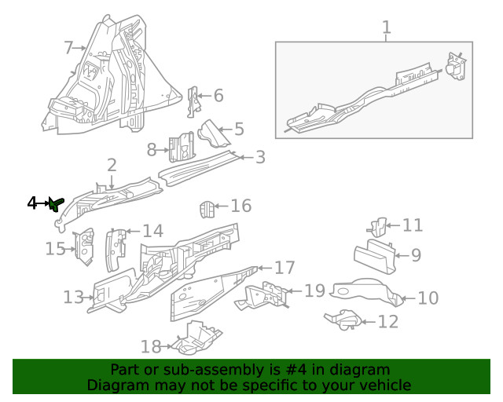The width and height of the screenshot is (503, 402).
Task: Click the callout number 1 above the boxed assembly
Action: click(386, 29)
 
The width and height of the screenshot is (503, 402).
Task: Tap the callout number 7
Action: click(68, 48)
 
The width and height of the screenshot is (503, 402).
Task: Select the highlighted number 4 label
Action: click(32, 203)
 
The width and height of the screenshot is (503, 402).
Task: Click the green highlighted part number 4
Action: click(55, 204)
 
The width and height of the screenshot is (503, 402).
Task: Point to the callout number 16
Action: click(240, 206)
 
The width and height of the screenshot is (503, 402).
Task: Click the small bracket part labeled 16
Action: click(205, 210)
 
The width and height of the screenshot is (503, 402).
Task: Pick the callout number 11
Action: click(413, 225)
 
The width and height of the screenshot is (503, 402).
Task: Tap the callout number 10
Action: click(428, 298)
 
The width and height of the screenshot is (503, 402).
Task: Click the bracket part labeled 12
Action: click(343, 320)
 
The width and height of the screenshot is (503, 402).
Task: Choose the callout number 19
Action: click(314, 291)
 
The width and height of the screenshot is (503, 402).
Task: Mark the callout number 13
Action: click(73, 297)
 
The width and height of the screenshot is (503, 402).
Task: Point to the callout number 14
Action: click(152, 231)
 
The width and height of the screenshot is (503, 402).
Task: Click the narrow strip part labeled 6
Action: click(194, 102)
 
